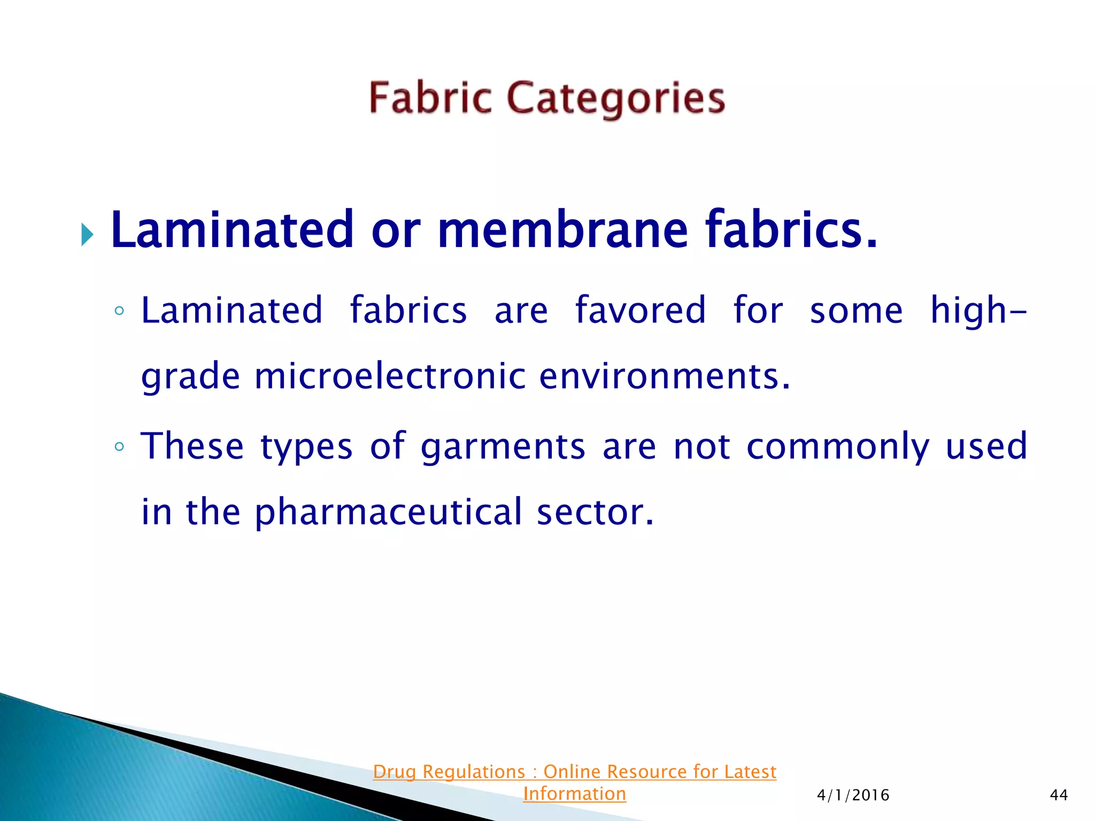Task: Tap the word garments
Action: pyautogui.click(x=503, y=447)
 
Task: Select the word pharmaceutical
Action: pyautogui.click(x=388, y=512)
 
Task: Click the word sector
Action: pyautogui.click(x=595, y=512)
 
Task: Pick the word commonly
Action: pyautogui.click(x=838, y=447)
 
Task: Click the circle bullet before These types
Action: pyautogui.click(x=119, y=447)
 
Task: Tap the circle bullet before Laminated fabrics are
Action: pyautogui.click(x=119, y=311)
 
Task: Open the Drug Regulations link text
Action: pyautogui.click(x=574, y=772)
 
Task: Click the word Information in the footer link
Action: pyautogui.click(x=574, y=794)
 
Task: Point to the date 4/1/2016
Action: pyautogui.click(x=853, y=795)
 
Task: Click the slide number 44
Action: pyautogui.click(x=1059, y=795)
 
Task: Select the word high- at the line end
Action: pyautogui.click(x=978, y=311)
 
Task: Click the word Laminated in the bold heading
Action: pyautogui.click(x=233, y=230)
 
